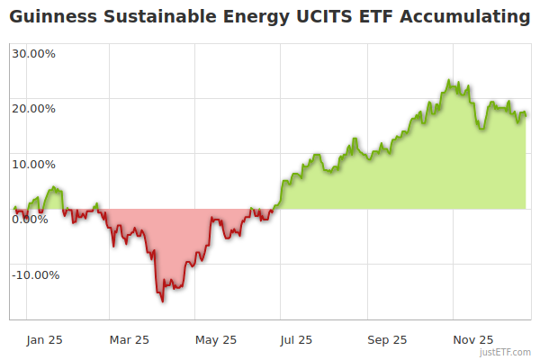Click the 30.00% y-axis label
tap(34, 53)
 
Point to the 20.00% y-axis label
tap(34, 109)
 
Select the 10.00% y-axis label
tap(34, 165)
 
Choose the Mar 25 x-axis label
tap(129, 339)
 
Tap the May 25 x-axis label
tap(216, 339)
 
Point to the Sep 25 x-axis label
tap(388, 339)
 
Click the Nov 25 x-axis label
tap(473, 339)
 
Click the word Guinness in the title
tap(46, 17)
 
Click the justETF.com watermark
tap(506, 353)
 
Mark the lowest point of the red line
tap(163, 301)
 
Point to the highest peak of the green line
tap(448, 81)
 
